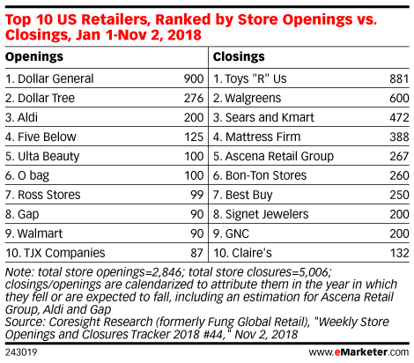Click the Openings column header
pyautogui.click(x=34, y=57)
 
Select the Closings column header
pyautogui.click(x=239, y=57)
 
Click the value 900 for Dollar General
pyautogui.click(x=194, y=78)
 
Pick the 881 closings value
pyautogui.click(x=399, y=78)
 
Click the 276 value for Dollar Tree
pyautogui.click(x=194, y=98)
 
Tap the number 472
pyautogui.click(x=399, y=117)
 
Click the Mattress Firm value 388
pyautogui.click(x=399, y=137)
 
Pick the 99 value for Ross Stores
pyautogui.click(x=197, y=195)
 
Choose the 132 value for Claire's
pyautogui.click(x=399, y=253)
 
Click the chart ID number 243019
pyautogui.click(x=21, y=352)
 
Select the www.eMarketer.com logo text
pyautogui.click(x=359, y=352)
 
